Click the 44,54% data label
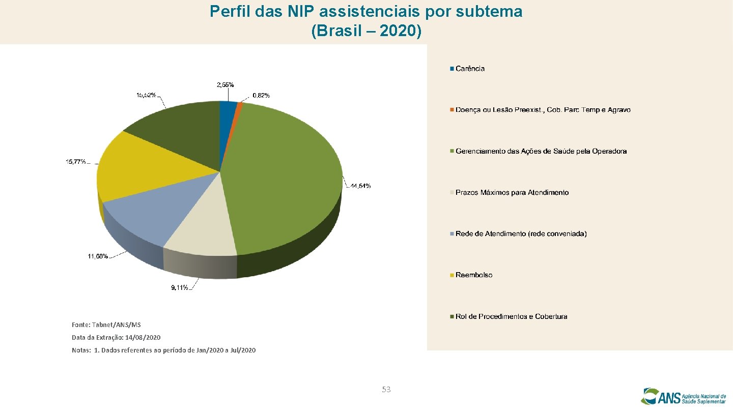point(360,186)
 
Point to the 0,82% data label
point(262,96)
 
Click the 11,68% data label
point(98,256)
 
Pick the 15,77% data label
point(75,162)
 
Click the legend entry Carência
point(470,69)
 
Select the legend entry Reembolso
point(474,275)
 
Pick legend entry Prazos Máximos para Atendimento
point(512,193)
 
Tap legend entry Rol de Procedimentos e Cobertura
point(511,316)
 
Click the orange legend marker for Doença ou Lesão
point(452,110)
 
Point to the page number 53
point(386,390)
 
